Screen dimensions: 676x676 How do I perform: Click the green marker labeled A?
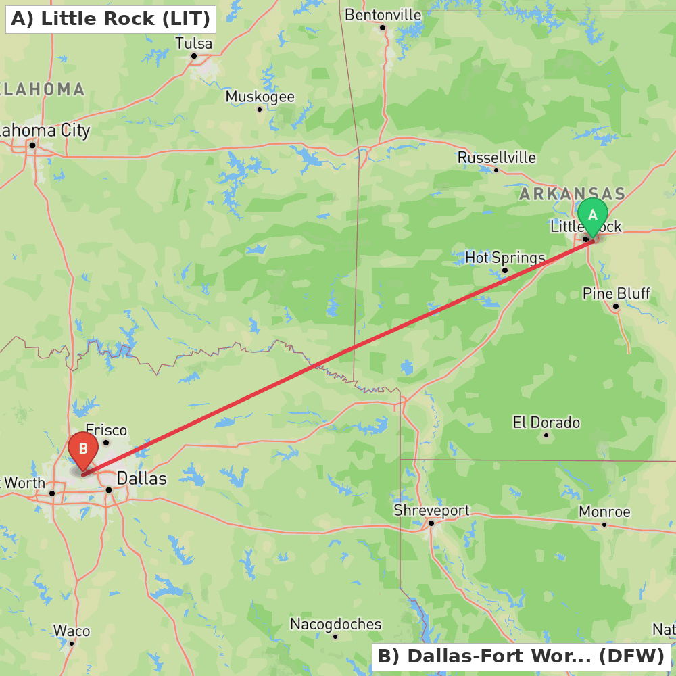593,216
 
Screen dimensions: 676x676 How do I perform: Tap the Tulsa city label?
193,44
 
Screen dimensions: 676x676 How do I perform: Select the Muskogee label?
260,97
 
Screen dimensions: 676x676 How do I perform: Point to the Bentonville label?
383,15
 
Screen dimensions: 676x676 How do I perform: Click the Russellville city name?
497,158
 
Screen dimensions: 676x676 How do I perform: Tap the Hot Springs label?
505,258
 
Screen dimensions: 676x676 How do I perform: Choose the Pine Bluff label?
616,293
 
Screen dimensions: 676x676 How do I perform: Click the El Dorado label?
546,422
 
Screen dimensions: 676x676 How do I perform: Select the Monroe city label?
604,512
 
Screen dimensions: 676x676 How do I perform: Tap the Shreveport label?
431,510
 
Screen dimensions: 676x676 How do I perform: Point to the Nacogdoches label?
336,624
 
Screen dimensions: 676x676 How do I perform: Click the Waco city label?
72,631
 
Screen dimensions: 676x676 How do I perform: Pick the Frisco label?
106,430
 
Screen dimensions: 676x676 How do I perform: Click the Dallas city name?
142,479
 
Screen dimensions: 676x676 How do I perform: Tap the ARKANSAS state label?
573,194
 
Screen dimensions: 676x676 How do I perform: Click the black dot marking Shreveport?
431,523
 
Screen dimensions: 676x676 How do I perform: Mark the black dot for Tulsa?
193,56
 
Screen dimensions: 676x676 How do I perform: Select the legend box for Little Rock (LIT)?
111,19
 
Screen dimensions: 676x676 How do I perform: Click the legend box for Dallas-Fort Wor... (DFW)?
521,656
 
